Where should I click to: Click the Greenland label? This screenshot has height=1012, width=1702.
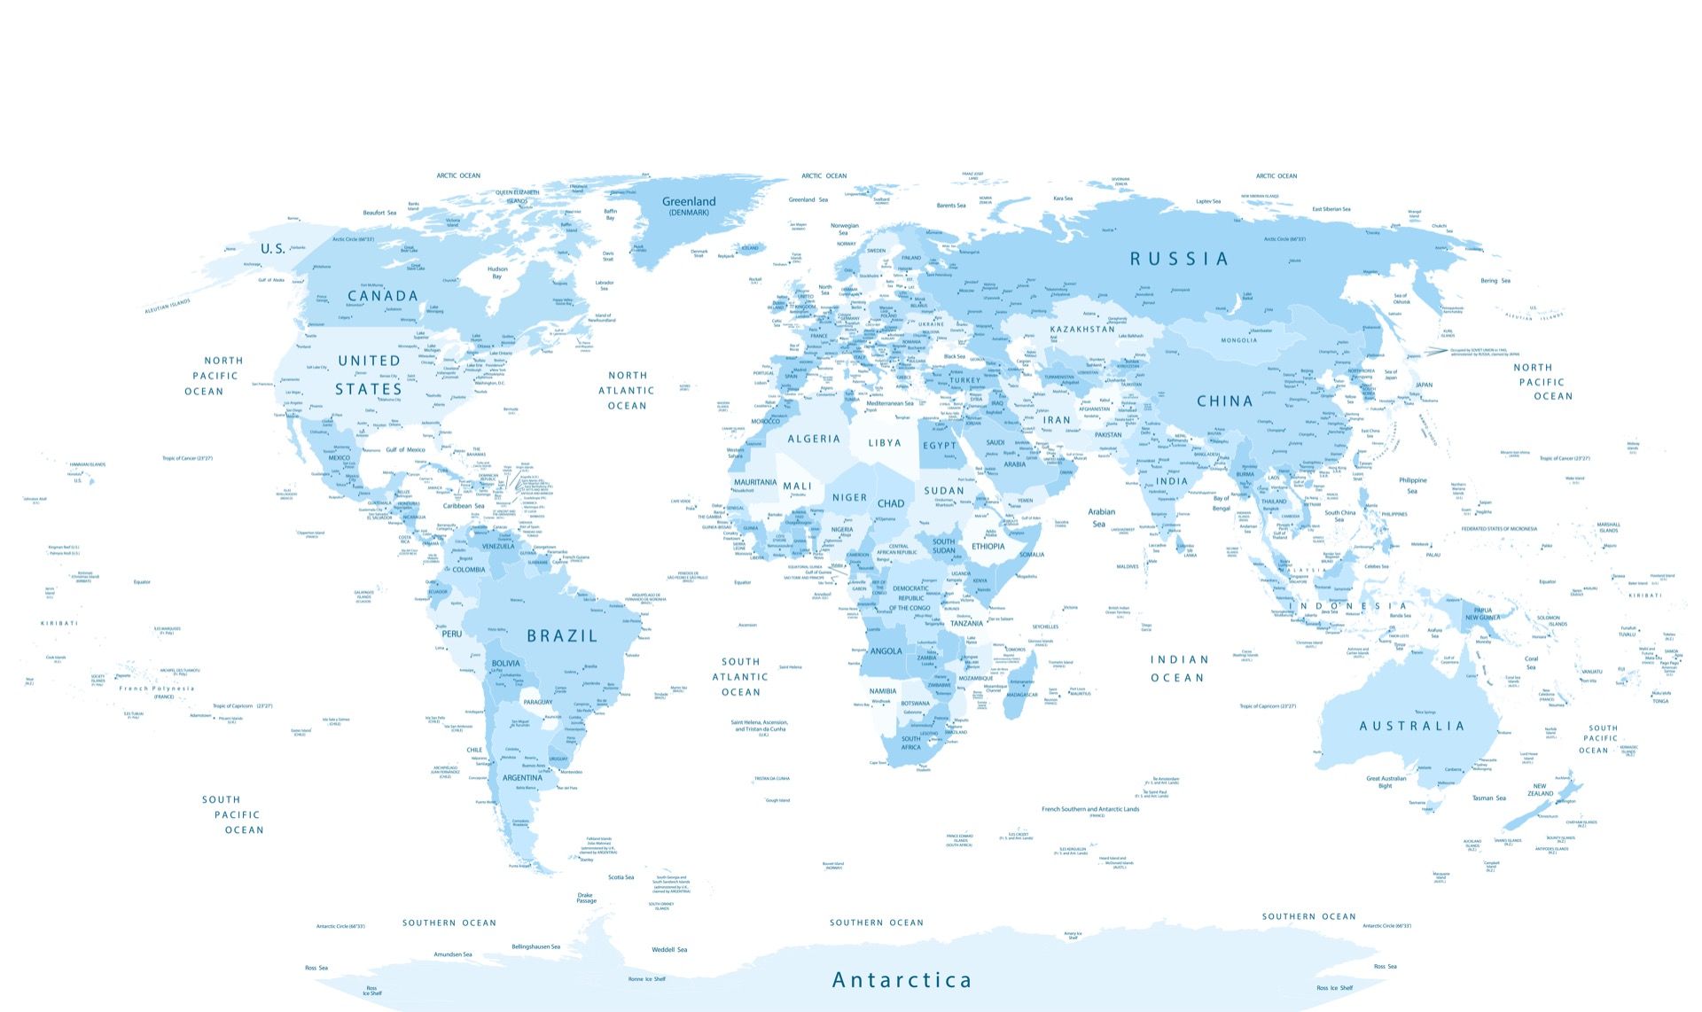pos(689,202)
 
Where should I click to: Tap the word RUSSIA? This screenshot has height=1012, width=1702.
pos(1179,259)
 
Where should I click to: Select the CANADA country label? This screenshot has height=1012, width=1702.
pos(382,296)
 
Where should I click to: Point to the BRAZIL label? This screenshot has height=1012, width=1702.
pos(562,635)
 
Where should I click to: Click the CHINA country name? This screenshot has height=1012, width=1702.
pos(1225,401)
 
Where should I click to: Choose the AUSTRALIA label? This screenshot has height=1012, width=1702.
pos(1412,726)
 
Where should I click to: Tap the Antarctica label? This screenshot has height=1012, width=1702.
pos(902,980)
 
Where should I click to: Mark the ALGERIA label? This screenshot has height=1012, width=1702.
pos(813,439)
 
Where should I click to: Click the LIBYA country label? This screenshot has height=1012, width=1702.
pos(885,443)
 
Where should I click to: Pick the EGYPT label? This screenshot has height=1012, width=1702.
pos(940,446)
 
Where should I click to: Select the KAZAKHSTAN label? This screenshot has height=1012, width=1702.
pos(1082,329)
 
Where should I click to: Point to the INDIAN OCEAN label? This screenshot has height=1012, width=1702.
pos(1178,668)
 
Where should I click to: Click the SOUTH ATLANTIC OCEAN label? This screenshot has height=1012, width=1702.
pos(740,676)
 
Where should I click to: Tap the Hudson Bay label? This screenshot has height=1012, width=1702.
pos(497,272)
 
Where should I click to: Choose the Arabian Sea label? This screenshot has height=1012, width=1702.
pos(1101,518)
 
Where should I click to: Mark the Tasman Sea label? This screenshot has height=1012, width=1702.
pos(1488,798)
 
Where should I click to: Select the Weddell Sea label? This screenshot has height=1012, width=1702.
pos(669,949)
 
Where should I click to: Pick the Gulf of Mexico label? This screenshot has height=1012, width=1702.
pos(406,450)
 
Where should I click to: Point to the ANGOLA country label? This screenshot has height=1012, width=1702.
pos(886,651)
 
